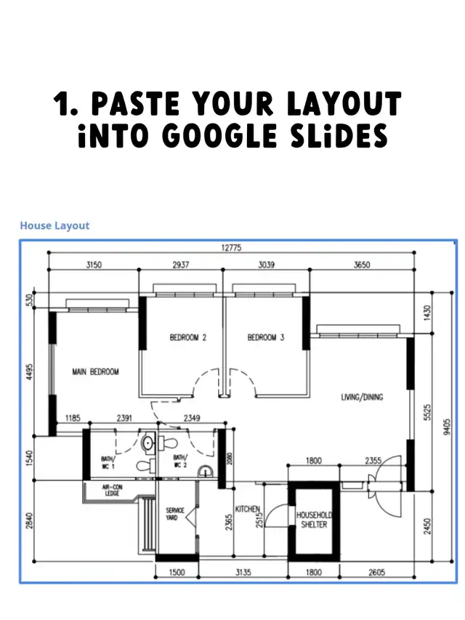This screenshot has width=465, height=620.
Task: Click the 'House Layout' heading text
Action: coord(54,225)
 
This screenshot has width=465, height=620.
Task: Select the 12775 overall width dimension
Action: coord(231,248)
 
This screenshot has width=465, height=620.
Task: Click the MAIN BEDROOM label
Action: coord(95,371)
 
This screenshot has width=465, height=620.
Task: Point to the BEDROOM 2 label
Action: coord(188,337)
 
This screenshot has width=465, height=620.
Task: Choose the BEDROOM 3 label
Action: coord(266,337)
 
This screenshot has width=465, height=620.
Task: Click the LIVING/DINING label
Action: coord(363,397)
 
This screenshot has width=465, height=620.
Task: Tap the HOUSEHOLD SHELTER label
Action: coord(315,520)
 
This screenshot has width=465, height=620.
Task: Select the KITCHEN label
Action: coord(248,509)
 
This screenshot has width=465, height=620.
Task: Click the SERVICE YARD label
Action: coord(175,514)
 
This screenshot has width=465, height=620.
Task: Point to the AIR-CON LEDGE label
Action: coord(113,491)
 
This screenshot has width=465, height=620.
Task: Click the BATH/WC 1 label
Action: coord(108,462)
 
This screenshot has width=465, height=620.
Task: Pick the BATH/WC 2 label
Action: coord(180,461)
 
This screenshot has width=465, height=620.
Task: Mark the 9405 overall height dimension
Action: coord(447,427)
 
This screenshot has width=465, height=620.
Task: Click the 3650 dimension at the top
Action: coord(362,265)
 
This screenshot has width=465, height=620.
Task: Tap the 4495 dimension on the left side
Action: coord(29,372)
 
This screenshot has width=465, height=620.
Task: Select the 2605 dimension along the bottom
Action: coord(377,572)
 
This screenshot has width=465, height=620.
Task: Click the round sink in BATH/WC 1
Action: coord(148,442)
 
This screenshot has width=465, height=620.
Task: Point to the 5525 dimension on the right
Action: coord(427,412)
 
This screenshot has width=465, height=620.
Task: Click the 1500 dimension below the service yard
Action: coord(177,572)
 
